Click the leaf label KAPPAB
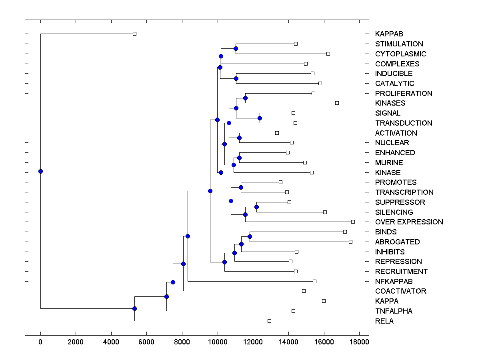click(x=389, y=34)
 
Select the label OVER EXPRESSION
click(x=409, y=222)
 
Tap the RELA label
click(x=384, y=321)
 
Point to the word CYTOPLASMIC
click(x=400, y=54)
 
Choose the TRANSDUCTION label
click(x=403, y=123)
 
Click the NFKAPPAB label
click(x=394, y=282)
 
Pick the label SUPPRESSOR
click(x=400, y=202)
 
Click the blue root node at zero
click(x=40, y=171)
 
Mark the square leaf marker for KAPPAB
click(x=134, y=34)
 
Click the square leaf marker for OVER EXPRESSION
click(x=353, y=222)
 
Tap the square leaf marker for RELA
click(x=269, y=321)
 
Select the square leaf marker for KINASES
click(x=337, y=103)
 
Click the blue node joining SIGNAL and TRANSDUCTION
click(x=260, y=118)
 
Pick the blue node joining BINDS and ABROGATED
click(x=250, y=236)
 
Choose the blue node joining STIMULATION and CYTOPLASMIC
click(x=236, y=48)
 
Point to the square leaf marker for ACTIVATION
click(x=277, y=133)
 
